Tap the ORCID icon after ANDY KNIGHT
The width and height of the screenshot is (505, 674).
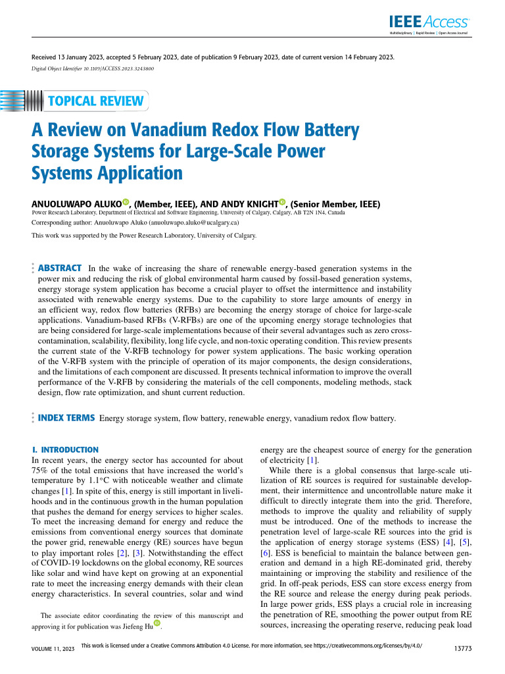(x=282, y=203)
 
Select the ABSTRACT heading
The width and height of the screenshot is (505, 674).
(x=60, y=268)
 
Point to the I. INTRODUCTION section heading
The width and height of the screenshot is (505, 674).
(x=65, y=450)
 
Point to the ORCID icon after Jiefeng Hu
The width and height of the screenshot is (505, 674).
(x=157, y=623)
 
